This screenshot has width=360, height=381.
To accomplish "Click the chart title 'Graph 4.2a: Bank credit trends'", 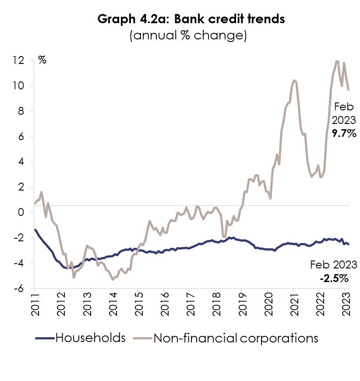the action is click(191, 19).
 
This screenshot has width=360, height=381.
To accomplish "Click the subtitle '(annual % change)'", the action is click(188, 35).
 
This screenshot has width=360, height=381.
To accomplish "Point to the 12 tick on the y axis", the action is click(19, 60).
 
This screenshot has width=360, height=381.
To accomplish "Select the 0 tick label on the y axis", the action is click(21, 212).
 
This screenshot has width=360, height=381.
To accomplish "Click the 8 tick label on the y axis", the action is click(21, 111).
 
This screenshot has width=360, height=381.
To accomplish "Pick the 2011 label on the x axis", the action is click(35, 304).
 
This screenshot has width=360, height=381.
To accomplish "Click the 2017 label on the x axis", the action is click(191, 304).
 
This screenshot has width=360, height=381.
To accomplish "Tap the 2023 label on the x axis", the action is click(346, 304).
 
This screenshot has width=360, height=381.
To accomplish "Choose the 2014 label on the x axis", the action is click(113, 304).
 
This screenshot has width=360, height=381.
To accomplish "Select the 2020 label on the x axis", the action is click(268, 304).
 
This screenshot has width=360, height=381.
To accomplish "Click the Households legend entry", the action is click(81, 338).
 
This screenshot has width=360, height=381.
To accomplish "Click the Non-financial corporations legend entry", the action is click(226, 338).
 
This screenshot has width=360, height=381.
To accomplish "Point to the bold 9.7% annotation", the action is click(344, 134).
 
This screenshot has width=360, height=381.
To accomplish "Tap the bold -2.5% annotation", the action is click(334, 279).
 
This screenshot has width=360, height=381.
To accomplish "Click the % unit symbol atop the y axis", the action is click(42, 60).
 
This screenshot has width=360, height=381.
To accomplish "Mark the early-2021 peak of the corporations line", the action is click(294, 80).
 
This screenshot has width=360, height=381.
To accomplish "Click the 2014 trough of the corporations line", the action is click(113, 280).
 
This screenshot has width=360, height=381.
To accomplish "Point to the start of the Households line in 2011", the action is click(35, 229).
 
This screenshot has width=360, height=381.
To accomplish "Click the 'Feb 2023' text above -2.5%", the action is click(334, 265).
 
